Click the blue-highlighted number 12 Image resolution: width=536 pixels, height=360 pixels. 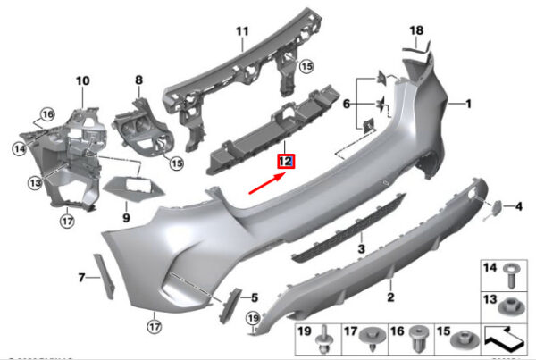click(x=286, y=162)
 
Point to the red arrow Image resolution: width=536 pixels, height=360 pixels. click(x=268, y=183)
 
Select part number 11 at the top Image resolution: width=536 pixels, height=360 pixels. click(x=240, y=33)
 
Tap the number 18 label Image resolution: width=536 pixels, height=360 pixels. click(x=416, y=31)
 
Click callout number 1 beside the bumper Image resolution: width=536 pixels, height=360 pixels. click(x=465, y=105)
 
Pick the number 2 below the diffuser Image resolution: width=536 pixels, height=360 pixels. click(x=390, y=296)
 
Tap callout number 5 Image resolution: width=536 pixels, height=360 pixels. click(x=255, y=297)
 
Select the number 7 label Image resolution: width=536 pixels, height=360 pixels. click(x=81, y=278)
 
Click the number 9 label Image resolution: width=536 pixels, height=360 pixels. click(x=126, y=216)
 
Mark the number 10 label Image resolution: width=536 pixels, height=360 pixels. click(x=83, y=81)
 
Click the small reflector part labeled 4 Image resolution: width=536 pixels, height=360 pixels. click(x=492, y=209)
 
